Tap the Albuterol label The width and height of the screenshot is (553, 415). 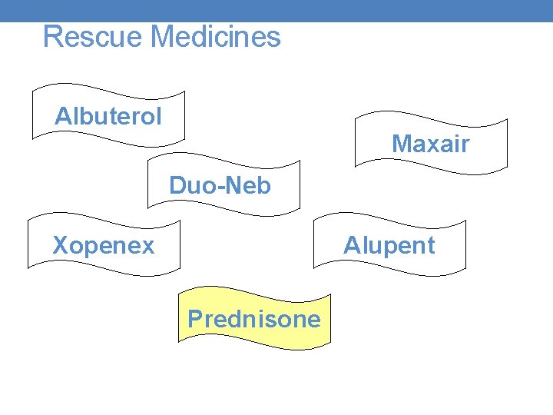[108, 117]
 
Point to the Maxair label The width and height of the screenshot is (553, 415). [430, 144]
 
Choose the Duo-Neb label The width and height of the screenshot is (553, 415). [220, 186]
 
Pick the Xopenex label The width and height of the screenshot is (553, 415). [103, 246]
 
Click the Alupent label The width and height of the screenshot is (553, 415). [389, 246]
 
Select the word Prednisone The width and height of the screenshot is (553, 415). [254, 319]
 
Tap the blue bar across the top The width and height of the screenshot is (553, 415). [276, 10]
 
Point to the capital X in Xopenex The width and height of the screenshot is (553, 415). [60, 246]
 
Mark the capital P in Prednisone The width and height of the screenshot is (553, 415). [196, 319]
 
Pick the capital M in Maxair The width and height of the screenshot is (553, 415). [402, 144]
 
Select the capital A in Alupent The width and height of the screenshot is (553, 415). [351, 246]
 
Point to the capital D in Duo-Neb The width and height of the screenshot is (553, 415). [177, 186]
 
